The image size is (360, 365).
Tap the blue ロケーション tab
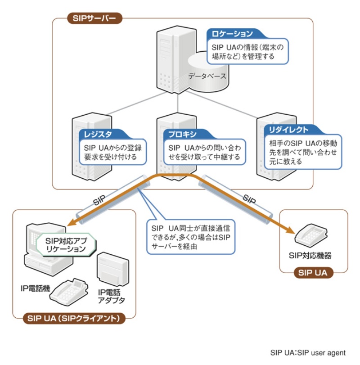(x=232, y=34)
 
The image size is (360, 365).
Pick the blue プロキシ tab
(x=183, y=134)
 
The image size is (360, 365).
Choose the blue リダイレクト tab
(x=289, y=130)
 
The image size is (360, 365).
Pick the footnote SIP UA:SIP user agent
(x=308, y=352)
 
